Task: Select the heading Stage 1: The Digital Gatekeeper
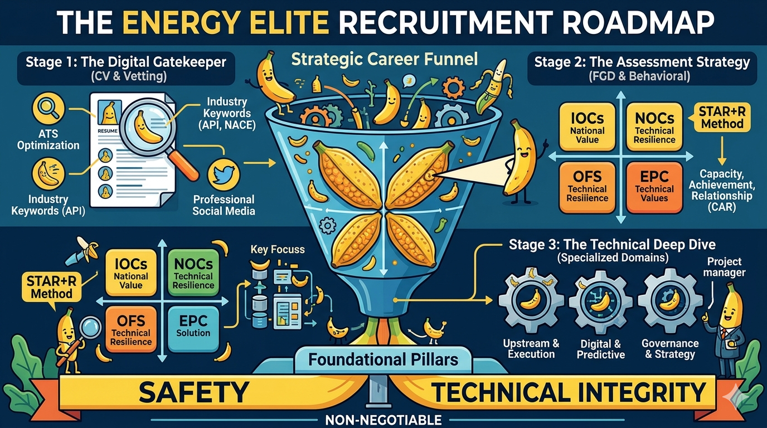click(125, 62)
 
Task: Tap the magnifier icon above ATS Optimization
click(48, 109)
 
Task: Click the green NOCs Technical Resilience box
click(193, 273)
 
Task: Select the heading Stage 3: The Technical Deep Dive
click(612, 245)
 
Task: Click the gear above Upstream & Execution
click(530, 301)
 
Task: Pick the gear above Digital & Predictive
click(600, 301)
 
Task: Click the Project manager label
click(726, 267)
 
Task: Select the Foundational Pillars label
click(384, 359)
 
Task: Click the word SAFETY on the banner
click(193, 392)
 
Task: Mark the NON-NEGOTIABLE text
click(384, 420)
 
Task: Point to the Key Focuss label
click(278, 249)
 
